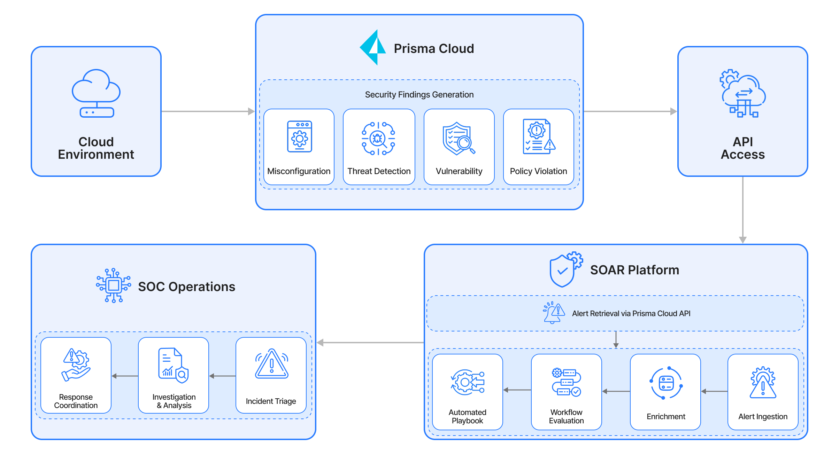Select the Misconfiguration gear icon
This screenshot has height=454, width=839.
tap(299, 137)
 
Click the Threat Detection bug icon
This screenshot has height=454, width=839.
tap(378, 138)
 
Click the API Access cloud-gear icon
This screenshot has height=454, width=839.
tap(742, 93)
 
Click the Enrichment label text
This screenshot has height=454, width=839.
tap(665, 416)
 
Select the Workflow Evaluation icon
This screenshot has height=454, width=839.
tap(566, 382)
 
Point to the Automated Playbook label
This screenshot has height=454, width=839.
tap(467, 416)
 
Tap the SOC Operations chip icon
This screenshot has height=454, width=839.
tap(114, 285)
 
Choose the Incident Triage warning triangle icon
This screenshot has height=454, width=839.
tap(271, 364)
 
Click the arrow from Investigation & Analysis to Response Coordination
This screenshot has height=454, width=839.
tap(125, 376)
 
